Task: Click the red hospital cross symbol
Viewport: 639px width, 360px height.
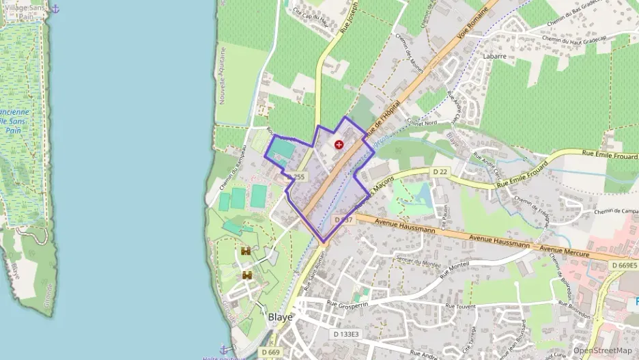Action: pyautogui.click(x=339, y=145)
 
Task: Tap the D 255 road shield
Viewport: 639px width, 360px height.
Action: pyautogui.click(x=296, y=176)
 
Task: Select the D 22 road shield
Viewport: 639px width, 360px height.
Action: pyautogui.click(x=440, y=171)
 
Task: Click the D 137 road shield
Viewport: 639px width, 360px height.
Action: pyautogui.click(x=343, y=220)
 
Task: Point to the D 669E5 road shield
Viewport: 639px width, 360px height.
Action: pyautogui.click(x=623, y=265)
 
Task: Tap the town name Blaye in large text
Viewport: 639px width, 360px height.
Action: pyautogui.click(x=280, y=318)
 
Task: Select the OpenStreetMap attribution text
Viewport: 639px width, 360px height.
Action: pyautogui.click(x=602, y=351)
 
